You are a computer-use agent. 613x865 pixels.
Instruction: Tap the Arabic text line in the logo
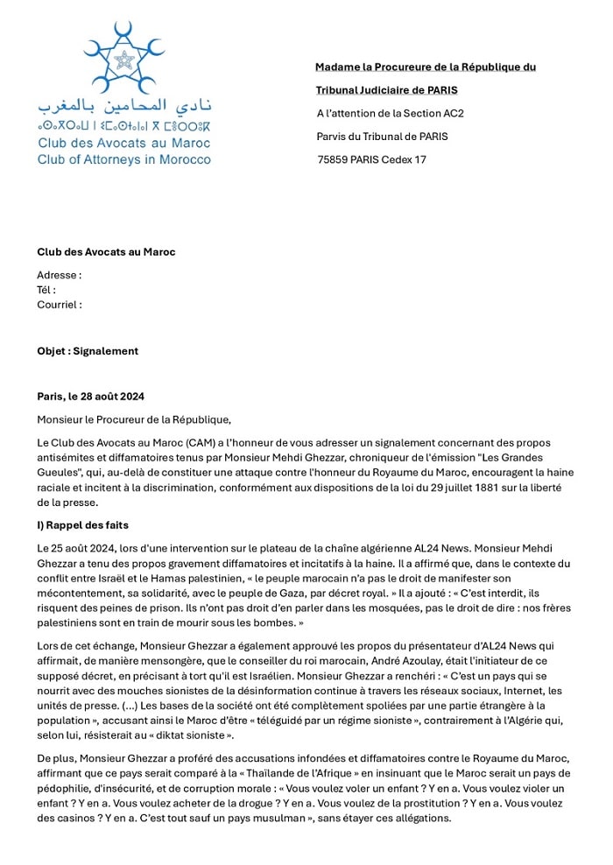(124, 108)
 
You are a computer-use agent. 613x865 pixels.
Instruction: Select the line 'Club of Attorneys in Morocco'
(123, 159)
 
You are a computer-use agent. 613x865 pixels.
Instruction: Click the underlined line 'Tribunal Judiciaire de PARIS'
(386, 90)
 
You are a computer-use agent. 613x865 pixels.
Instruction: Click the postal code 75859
(336, 159)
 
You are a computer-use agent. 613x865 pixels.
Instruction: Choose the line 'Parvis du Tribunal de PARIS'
(382, 137)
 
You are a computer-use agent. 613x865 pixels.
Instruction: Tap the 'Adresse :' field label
(59, 275)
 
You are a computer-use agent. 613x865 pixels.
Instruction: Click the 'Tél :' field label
(46, 290)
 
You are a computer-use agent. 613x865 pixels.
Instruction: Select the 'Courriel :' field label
(60, 305)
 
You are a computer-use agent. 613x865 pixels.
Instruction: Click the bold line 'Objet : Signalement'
(88, 351)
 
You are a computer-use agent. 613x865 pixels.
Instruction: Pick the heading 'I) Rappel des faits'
(83, 525)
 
